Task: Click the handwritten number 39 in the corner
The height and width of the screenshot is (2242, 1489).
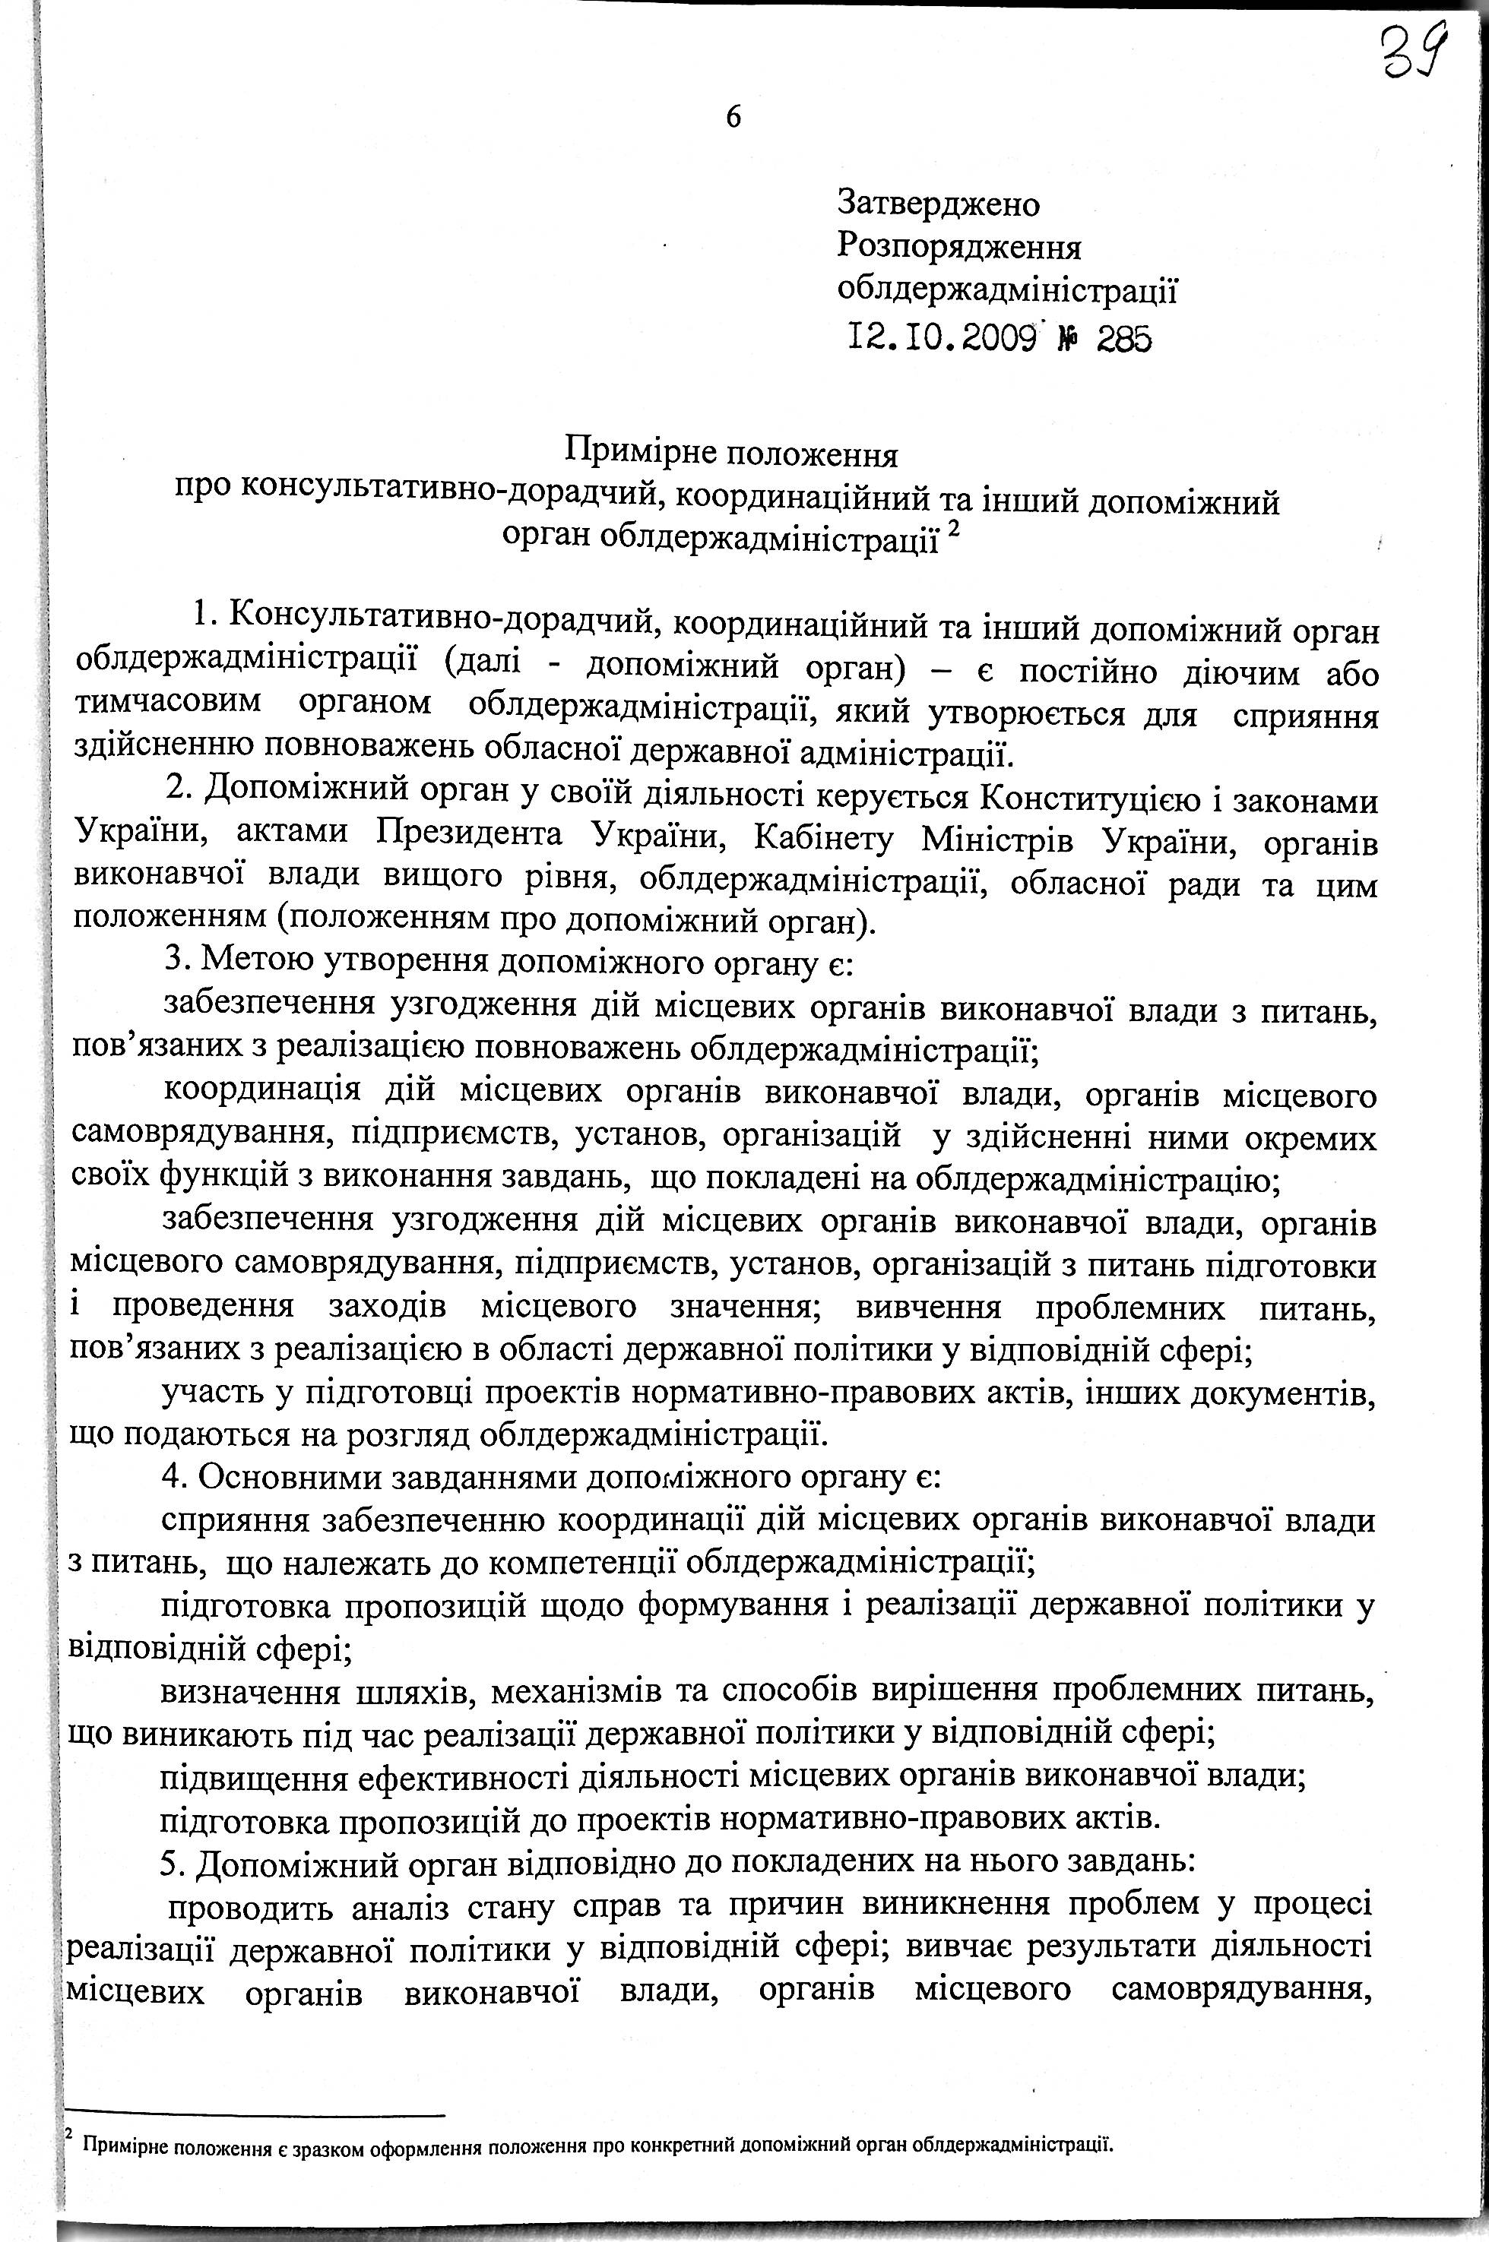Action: point(1413,54)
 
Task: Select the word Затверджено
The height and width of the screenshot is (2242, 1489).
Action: point(937,203)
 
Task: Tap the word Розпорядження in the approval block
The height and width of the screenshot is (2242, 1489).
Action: point(958,247)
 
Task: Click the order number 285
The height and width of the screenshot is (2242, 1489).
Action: point(1123,339)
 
